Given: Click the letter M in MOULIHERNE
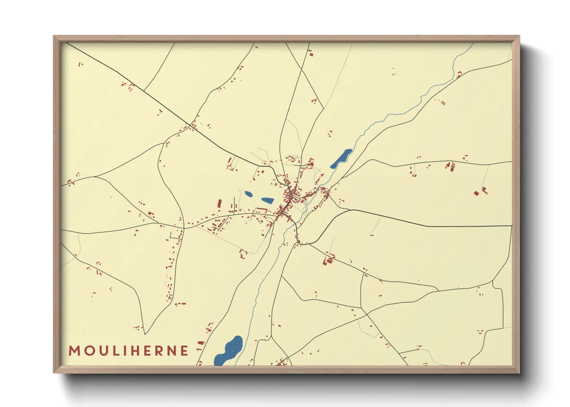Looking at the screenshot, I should click(x=74, y=351).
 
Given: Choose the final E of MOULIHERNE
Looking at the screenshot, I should click(x=184, y=351).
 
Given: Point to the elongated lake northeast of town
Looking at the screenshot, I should click(x=342, y=158).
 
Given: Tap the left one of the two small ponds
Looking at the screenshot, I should click(x=249, y=194).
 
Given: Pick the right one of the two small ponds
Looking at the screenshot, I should click(x=267, y=200).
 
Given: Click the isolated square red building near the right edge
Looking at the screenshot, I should click(x=476, y=193).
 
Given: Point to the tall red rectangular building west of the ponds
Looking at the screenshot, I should click(x=220, y=203).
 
